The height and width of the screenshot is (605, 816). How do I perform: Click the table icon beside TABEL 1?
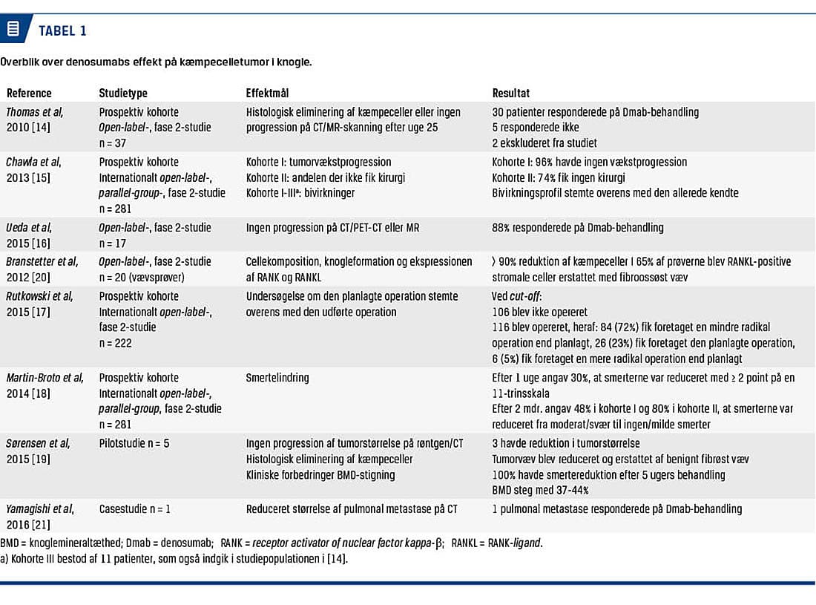tap(13, 30)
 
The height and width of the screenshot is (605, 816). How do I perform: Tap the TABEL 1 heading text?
tap(62, 30)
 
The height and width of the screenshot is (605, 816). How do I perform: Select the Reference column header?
tap(29, 94)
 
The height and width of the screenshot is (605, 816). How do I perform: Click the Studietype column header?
tap(123, 94)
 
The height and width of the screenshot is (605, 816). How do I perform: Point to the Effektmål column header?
tap(267, 94)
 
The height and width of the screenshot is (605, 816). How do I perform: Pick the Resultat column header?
tap(511, 94)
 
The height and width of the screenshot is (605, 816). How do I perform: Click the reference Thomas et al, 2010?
tap(35, 120)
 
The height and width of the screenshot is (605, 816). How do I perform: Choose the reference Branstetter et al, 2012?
tap(42, 269)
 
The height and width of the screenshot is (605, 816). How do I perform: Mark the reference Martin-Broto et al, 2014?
tap(45, 385)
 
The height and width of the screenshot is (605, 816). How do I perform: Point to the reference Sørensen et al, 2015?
tap(38, 451)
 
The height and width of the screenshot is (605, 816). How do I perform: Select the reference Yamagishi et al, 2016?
tap(40, 516)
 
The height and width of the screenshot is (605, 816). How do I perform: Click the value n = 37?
tap(115, 142)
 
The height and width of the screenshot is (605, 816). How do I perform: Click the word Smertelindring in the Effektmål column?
tap(277, 378)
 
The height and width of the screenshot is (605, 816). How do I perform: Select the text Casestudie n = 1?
tap(139, 508)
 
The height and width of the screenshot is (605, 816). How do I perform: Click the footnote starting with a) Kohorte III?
tap(174, 558)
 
